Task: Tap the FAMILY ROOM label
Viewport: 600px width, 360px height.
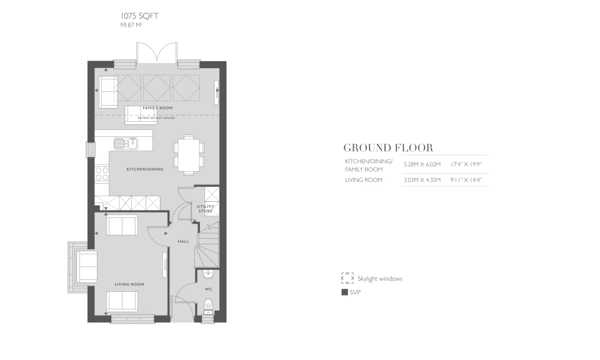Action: click(x=157, y=108)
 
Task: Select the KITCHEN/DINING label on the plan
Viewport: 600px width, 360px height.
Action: click(x=145, y=169)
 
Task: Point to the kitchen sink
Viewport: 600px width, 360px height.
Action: click(x=126, y=144)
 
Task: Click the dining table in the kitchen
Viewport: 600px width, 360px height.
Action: click(x=189, y=153)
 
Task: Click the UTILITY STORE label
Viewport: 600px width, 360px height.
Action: click(x=206, y=209)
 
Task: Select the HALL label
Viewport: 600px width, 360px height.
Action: click(x=183, y=241)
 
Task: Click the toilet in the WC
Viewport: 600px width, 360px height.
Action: click(x=209, y=306)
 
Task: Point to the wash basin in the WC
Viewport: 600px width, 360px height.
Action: click(x=208, y=274)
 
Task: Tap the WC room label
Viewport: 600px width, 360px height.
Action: click(x=209, y=289)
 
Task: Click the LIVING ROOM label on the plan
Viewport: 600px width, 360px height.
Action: click(x=129, y=284)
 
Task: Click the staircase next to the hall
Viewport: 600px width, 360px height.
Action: click(x=206, y=244)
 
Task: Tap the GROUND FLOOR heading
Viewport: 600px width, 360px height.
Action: click(x=388, y=148)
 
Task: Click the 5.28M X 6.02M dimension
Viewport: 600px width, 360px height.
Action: click(x=422, y=164)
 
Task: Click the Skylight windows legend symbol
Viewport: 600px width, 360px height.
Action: click(x=347, y=278)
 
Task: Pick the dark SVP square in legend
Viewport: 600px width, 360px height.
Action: click(x=344, y=292)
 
